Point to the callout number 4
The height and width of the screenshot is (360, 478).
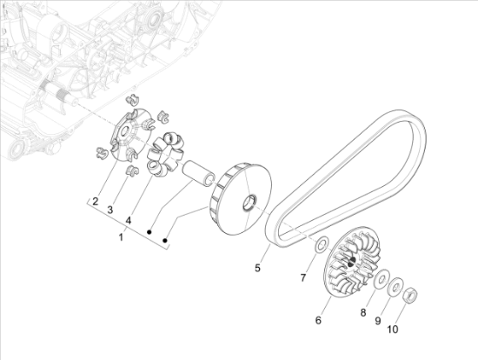pos(128,220)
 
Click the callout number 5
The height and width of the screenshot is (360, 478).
pos(257,268)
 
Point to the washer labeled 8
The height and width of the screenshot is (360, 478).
pos(381,279)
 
